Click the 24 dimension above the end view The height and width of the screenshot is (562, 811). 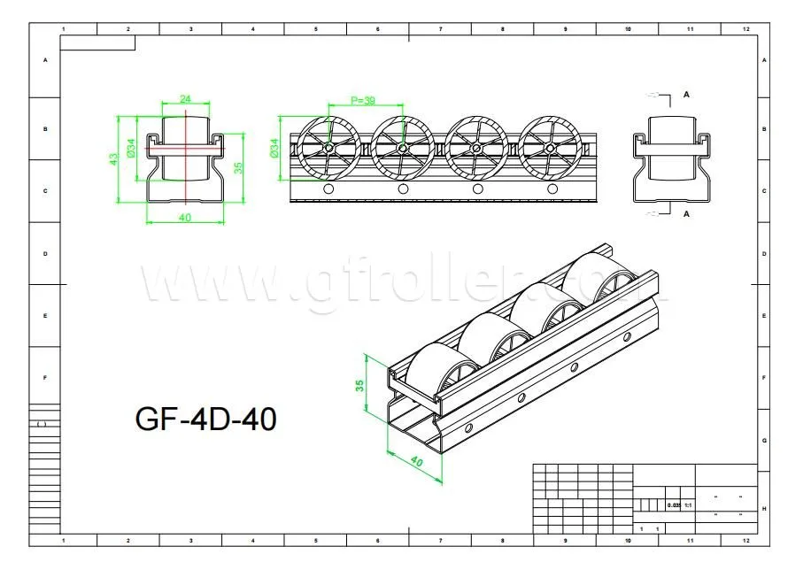tap(185, 99)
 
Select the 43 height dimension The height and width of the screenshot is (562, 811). tap(114, 159)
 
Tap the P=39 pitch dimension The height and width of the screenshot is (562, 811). tap(364, 101)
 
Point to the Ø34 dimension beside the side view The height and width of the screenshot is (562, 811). tap(274, 148)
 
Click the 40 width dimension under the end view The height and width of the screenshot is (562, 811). tap(184, 217)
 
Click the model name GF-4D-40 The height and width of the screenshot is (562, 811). tap(205, 419)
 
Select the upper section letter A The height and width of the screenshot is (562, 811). tap(687, 94)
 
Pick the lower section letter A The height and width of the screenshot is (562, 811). tap(687, 213)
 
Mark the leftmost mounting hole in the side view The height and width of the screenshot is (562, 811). tap(328, 189)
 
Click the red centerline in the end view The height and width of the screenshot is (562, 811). tap(185, 159)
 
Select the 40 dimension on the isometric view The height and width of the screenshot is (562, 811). tap(417, 461)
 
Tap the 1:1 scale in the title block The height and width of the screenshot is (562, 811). tap(687, 504)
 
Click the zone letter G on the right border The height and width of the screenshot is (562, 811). tap(764, 440)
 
